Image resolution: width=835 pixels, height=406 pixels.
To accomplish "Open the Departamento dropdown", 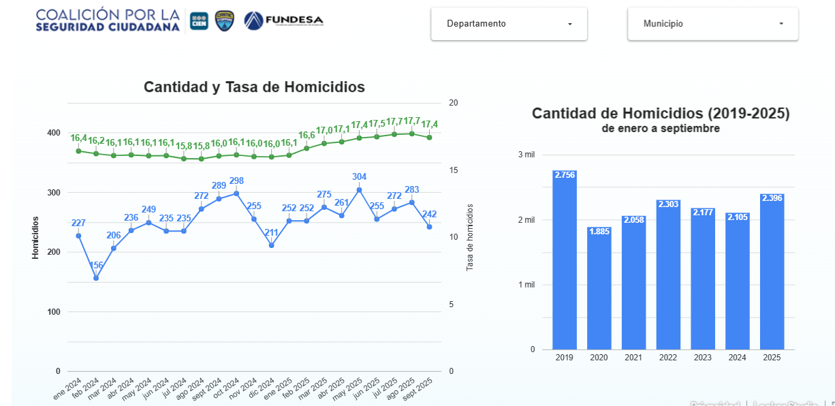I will pos(509,24).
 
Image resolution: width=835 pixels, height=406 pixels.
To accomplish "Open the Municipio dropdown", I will pos(712,24).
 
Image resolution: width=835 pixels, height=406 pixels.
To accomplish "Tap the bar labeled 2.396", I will pos(772,272).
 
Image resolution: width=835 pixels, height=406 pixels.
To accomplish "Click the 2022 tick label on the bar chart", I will pos(668,358).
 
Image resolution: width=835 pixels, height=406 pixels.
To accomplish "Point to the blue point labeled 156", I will pos(96,278).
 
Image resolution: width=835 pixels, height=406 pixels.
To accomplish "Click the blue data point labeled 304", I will pos(359,190).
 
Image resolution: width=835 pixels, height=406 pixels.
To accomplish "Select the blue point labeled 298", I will pos(236,193).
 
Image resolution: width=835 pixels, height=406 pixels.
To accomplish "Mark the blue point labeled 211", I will pos(271,245).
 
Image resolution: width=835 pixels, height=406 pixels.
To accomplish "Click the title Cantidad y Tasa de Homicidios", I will pos(254,87).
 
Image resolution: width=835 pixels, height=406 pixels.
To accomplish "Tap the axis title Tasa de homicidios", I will pos(470,237).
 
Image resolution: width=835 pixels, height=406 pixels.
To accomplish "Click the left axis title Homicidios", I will pos(35,238).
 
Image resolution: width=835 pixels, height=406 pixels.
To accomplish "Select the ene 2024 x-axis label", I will pos(68,390).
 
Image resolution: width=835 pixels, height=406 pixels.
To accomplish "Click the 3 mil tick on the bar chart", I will pos(526,155).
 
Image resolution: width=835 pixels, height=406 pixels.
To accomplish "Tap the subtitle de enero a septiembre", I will pos(661,128).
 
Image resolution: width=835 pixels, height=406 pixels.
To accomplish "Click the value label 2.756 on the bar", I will pos(564,175).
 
